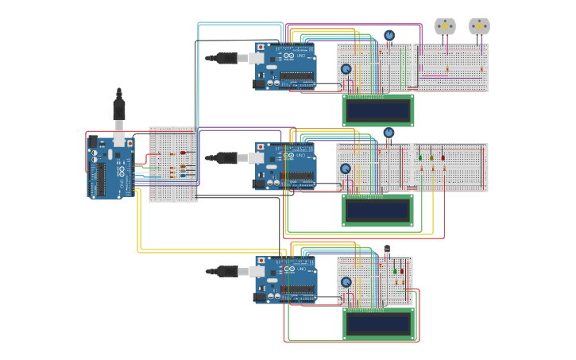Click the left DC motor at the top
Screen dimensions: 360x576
click(445, 26)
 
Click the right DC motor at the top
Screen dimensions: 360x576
click(479, 26)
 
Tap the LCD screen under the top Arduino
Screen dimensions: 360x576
click(378, 109)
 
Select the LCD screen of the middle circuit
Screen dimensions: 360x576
click(378, 210)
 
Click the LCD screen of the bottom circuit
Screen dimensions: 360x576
click(378, 323)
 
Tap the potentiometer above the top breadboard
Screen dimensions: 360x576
click(389, 35)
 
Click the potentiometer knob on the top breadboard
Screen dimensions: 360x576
click(346, 69)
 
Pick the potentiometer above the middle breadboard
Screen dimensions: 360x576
click(389, 133)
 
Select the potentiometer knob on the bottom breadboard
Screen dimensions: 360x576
click(346, 282)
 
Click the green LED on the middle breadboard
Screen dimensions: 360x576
click(420, 157)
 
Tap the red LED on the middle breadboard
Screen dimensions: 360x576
click(443, 157)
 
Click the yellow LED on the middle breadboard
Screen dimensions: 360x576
click(431, 157)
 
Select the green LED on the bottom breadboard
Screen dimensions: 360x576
click(395, 271)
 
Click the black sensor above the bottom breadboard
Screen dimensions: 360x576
click(387, 250)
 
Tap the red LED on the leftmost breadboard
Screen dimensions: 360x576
click(183, 153)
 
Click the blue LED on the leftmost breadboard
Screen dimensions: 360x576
click(183, 175)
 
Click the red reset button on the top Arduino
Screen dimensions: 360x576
click(261, 48)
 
